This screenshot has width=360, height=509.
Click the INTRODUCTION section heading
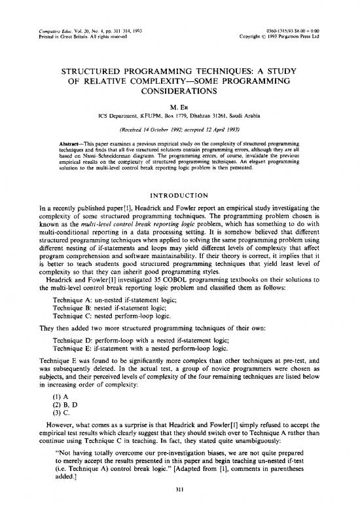[179, 176]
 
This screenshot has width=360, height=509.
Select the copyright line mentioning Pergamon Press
[288, 18]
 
